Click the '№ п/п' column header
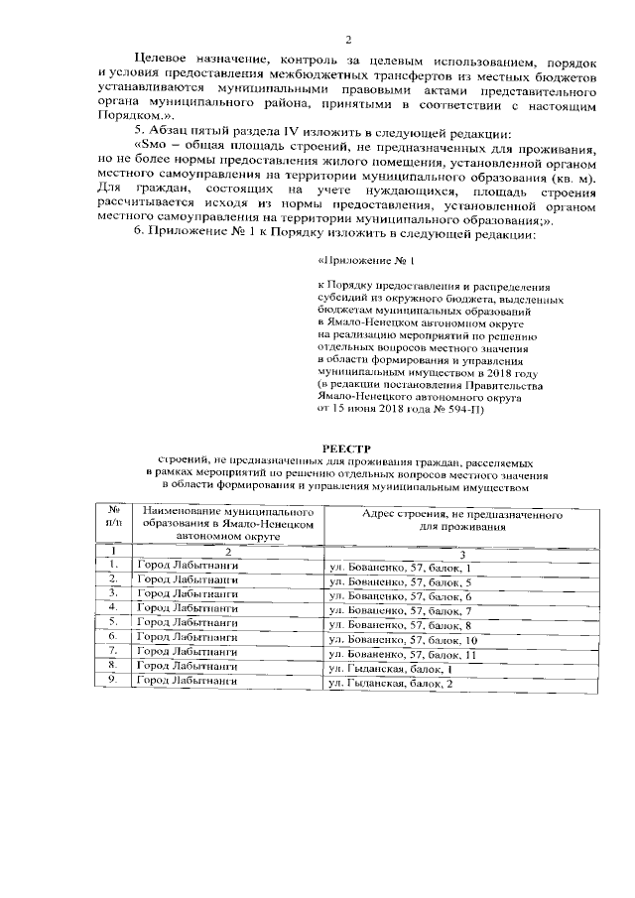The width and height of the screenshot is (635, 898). click(x=115, y=514)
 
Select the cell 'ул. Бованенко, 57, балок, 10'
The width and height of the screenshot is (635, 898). click(x=403, y=642)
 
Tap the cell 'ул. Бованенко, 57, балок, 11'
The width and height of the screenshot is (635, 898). click(x=403, y=655)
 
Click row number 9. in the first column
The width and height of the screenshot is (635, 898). click(x=114, y=681)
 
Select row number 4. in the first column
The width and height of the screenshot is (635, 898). click(x=114, y=606)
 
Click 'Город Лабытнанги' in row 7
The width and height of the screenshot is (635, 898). click(x=188, y=652)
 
